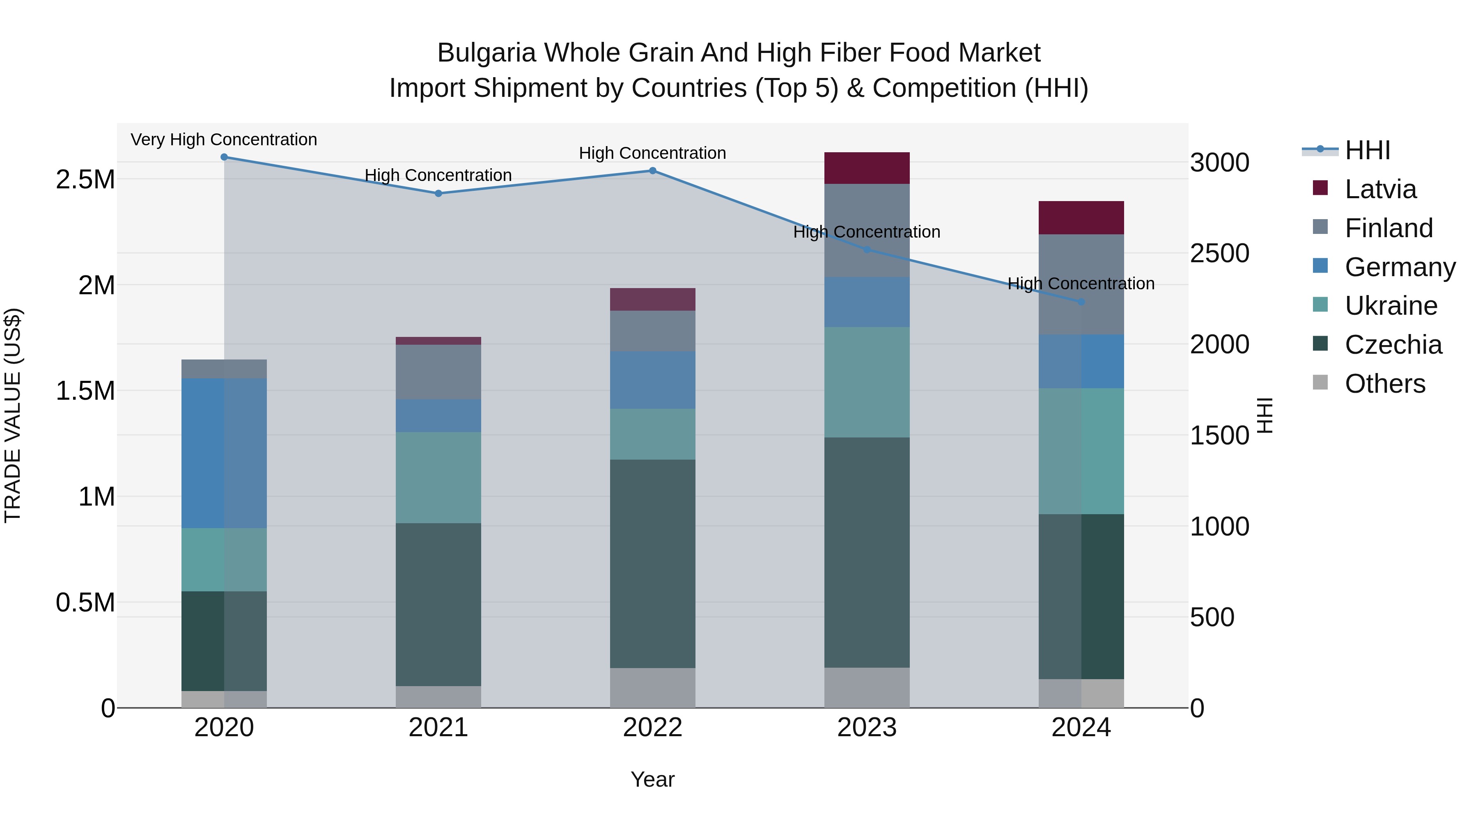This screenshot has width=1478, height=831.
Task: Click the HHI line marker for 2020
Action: click(224, 157)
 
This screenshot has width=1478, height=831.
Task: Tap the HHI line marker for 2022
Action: click(652, 171)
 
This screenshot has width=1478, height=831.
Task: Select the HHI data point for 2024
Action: click(1081, 302)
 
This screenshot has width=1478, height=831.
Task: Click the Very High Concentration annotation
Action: click(224, 140)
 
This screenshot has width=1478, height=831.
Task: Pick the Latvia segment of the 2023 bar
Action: click(867, 168)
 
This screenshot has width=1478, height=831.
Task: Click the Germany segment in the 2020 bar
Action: click(224, 453)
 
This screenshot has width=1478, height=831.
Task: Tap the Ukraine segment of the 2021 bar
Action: click(438, 477)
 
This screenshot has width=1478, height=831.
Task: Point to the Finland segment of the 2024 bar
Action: click(1081, 284)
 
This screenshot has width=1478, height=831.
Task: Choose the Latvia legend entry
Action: click(1380, 189)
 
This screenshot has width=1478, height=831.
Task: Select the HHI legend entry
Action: click(1367, 150)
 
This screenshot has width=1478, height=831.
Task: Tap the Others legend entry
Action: click(1384, 384)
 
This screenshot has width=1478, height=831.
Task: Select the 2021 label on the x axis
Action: click(438, 728)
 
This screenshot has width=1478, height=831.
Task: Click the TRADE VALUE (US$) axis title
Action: click(13, 415)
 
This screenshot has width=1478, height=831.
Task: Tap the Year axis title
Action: click(652, 779)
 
